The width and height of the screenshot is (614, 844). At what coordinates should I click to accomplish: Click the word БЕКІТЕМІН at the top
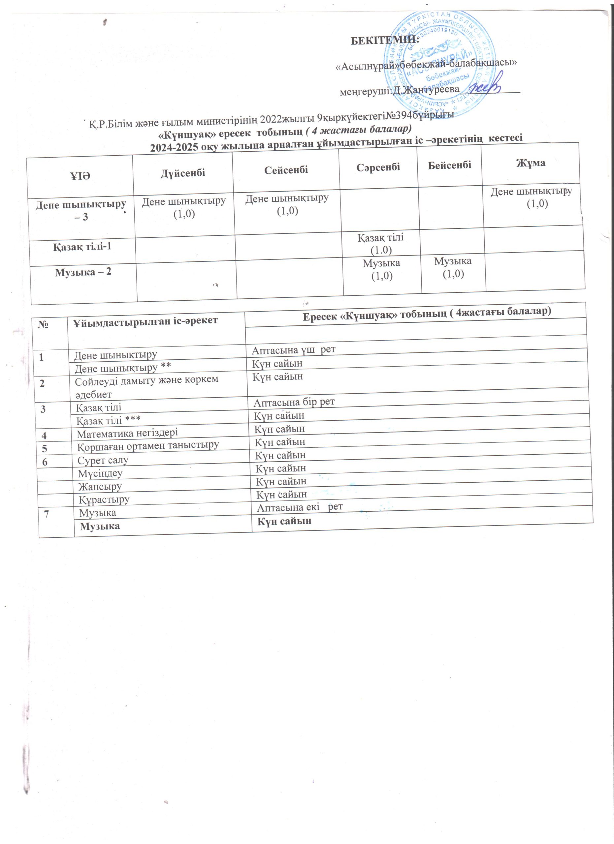[x=385, y=40]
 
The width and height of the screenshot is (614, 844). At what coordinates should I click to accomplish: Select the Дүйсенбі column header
[x=183, y=173]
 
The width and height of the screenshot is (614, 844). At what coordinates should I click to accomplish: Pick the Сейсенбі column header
[x=286, y=170]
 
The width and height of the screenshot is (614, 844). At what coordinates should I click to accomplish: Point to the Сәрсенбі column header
[x=378, y=167]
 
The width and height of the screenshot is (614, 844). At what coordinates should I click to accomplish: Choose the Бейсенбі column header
[x=449, y=165]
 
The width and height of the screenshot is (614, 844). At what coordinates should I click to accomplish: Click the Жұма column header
[x=531, y=163]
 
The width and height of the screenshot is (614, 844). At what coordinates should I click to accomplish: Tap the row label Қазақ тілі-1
[x=82, y=247]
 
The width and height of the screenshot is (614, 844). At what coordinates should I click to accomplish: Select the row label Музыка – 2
[x=83, y=272]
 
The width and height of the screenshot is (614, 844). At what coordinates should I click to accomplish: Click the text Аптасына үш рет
[x=294, y=350]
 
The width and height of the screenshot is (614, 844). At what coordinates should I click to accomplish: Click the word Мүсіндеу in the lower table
[x=100, y=474]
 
